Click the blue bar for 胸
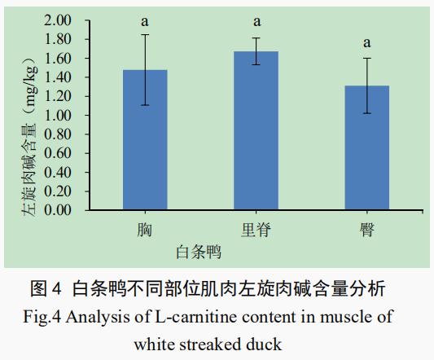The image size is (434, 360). pyautogui.click(x=145, y=140)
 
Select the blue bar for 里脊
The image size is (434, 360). pyautogui.click(x=256, y=130)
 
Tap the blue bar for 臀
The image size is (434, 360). pyautogui.click(x=367, y=147)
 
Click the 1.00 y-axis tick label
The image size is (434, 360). pyautogui.click(x=58, y=115)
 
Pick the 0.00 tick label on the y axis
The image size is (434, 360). pyautogui.click(x=58, y=210)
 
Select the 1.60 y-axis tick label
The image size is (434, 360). pyautogui.click(x=58, y=59)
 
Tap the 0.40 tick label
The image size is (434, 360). pyautogui.click(x=58, y=172)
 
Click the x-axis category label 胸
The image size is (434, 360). pyautogui.click(x=145, y=230)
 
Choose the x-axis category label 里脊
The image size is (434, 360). pyautogui.click(x=256, y=230)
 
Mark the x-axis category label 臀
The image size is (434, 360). pyautogui.click(x=367, y=230)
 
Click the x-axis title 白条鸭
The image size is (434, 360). pyautogui.click(x=199, y=252)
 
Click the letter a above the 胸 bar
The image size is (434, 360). pyautogui.click(x=145, y=22)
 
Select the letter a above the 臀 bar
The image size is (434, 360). pyautogui.click(x=367, y=43)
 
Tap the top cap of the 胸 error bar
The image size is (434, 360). pyautogui.click(x=145, y=34)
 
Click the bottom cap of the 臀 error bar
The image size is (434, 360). pyautogui.click(x=367, y=113)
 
